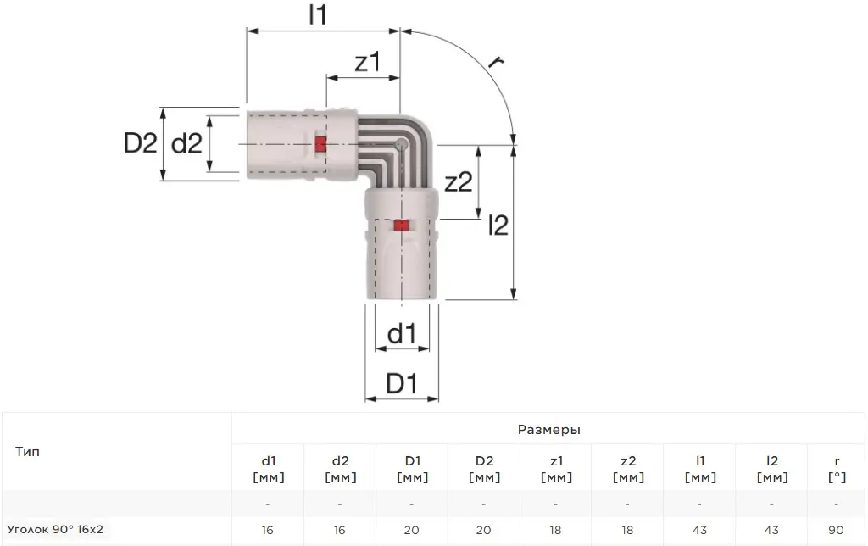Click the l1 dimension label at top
pyautogui.click(x=318, y=14)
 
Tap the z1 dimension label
pyautogui.click(x=368, y=61)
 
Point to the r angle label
pyautogui.click(x=495, y=61)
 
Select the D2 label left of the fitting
pyautogui.click(x=140, y=143)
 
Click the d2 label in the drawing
pyautogui.click(x=186, y=143)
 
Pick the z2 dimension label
pyautogui.click(x=459, y=181)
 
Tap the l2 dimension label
pyautogui.click(x=498, y=225)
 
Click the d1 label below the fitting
pyautogui.click(x=401, y=333)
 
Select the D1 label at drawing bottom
pyautogui.click(x=401, y=383)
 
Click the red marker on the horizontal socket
pyautogui.click(x=320, y=144)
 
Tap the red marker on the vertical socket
pyautogui.click(x=401, y=226)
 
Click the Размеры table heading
pyautogui.click(x=549, y=430)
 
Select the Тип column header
pyautogui.click(x=28, y=451)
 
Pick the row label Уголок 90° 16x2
pyautogui.click(x=55, y=529)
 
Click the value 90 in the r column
pyautogui.click(x=836, y=530)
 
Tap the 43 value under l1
pyautogui.click(x=699, y=530)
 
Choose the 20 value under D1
pyautogui.click(x=411, y=530)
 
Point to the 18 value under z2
pyautogui.click(x=627, y=530)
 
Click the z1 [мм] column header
pyautogui.click(x=556, y=469)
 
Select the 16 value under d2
pyautogui.click(x=339, y=530)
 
